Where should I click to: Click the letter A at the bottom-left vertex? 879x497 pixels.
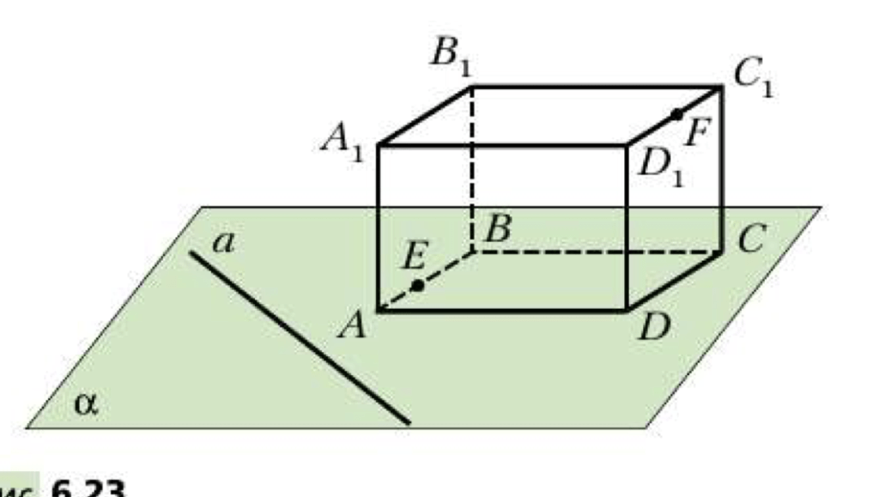tap(352, 325)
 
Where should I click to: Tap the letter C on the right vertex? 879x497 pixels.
tap(749, 240)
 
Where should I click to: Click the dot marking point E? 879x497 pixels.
tap(417, 286)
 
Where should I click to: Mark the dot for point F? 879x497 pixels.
tap(676, 113)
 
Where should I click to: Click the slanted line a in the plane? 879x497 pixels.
tap(300, 337)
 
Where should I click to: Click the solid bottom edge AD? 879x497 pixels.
tap(502, 309)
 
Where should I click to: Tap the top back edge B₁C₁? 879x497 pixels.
tap(597, 87)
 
